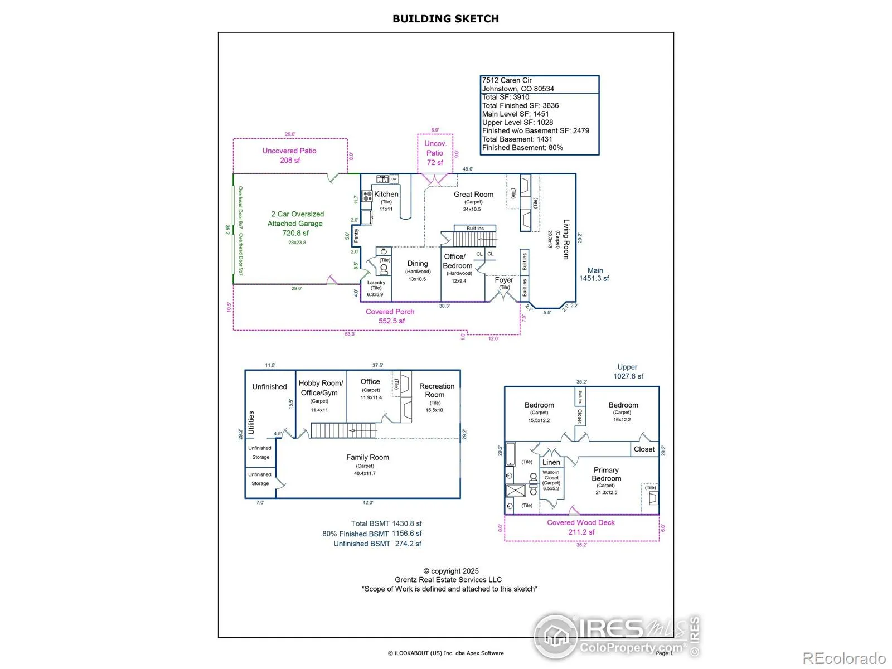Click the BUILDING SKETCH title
[445, 18]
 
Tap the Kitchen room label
[386, 195]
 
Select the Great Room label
[473, 195]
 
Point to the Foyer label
[504, 280]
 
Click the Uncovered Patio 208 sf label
[289, 156]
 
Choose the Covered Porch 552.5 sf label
[390, 316]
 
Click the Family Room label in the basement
[367, 457]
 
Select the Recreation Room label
[437, 390]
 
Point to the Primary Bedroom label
[606, 474]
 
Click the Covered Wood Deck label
[581, 527]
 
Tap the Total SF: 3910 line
[506, 97]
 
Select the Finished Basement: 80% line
[522, 148]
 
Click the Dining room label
[418, 264]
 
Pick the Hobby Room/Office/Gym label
[321, 388]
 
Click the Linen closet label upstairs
[551, 462]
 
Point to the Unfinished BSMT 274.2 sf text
[377, 544]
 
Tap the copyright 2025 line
[451, 571]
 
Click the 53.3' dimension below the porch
[350, 334]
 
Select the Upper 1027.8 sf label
[628, 371]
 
